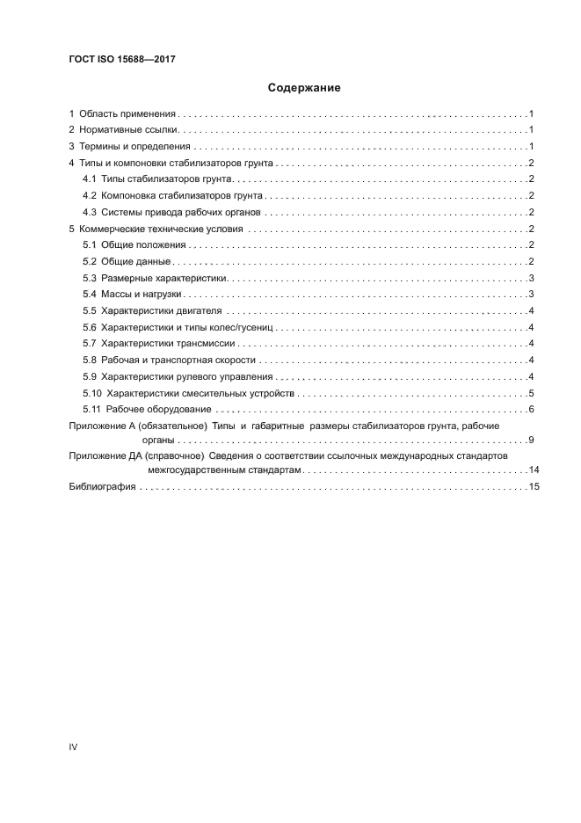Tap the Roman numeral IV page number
tap(74, 747)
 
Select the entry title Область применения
tap(128, 114)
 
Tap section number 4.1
tap(89, 179)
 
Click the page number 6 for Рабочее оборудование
tap(533, 410)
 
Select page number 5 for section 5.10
tap(533, 393)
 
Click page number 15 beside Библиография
tap(534, 487)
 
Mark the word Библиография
tap(102, 487)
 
